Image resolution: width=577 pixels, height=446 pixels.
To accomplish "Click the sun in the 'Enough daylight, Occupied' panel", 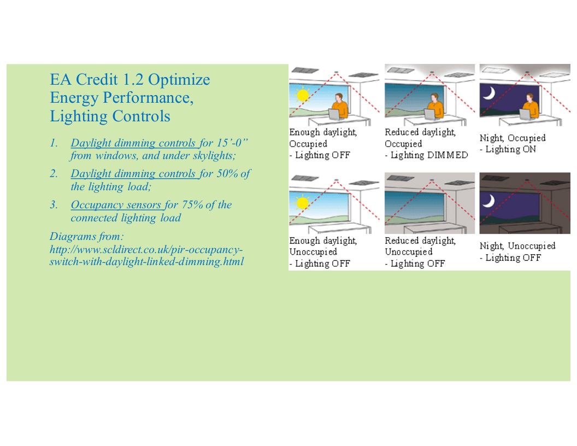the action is (302, 95).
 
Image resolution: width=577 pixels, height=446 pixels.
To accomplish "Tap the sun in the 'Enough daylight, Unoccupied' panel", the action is (302, 203).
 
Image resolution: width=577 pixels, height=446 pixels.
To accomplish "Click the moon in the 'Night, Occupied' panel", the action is (489, 93).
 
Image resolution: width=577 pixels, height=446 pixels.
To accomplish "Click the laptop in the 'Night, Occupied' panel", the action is (526, 114).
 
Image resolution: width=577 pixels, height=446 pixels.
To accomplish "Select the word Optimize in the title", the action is (179, 79).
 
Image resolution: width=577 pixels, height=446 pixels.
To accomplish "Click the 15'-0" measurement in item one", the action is (232, 143).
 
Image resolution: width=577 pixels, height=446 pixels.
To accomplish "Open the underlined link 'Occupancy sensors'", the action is (116, 204).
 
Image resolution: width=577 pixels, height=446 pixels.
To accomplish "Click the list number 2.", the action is (54, 173).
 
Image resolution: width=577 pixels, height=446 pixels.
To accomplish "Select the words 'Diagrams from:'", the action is (87, 236).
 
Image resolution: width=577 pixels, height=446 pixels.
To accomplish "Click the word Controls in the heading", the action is (142, 116).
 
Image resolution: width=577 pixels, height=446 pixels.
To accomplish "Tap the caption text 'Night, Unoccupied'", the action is (517, 246).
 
